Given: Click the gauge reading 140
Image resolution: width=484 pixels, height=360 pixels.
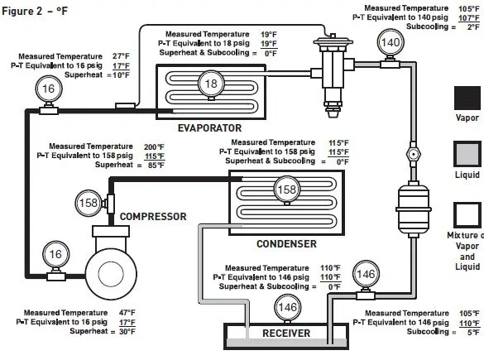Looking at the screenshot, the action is click(391, 42).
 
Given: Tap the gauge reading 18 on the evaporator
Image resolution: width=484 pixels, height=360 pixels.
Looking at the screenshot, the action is click(211, 84).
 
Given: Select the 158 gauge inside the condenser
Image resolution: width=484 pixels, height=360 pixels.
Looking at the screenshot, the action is click(287, 190).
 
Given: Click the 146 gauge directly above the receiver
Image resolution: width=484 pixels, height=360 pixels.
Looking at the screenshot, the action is click(287, 307).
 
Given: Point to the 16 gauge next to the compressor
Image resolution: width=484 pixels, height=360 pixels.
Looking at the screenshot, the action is click(55, 254).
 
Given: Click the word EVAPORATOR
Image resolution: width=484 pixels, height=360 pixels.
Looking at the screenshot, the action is click(209, 127).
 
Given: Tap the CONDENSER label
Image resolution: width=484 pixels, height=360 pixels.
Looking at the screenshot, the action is click(286, 244).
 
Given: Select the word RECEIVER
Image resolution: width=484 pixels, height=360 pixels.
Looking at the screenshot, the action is click(286, 334).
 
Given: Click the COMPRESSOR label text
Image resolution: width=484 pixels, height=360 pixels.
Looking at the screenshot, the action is click(153, 217).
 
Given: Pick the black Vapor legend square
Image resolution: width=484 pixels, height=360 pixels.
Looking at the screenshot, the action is click(467, 98).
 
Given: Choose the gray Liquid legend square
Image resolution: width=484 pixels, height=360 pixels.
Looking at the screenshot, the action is click(467, 154).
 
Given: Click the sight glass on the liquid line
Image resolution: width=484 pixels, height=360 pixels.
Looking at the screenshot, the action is click(413, 153).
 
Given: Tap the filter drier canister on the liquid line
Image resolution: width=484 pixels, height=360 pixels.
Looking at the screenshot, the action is click(413, 209).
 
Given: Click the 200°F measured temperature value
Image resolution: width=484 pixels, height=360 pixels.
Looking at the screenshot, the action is click(154, 147).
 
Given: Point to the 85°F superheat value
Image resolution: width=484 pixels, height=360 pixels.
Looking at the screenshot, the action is click(156, 166).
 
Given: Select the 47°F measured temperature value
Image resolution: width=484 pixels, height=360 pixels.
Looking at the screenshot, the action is click(127, 313).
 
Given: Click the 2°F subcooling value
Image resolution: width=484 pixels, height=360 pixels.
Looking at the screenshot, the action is click(473, 27).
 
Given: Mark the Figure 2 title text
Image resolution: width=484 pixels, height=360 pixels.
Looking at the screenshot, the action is click(35, 12).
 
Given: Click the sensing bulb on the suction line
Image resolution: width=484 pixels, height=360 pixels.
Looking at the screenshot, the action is click(125, 106).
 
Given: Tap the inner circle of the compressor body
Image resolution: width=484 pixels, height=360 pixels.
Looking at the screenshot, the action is click(111, 274).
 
